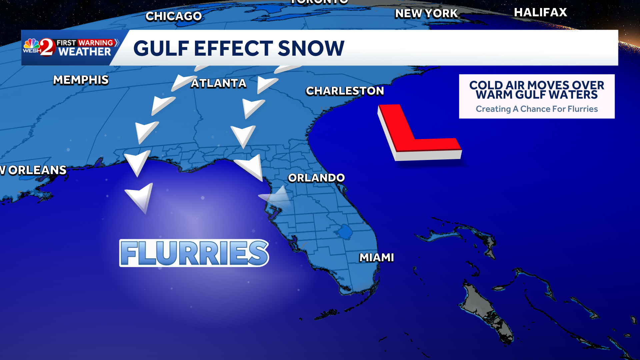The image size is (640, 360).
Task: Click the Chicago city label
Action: (x=174, y=16)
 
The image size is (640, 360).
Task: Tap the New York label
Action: (x=426, y=14)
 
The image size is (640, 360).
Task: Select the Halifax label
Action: (x=540, y=12)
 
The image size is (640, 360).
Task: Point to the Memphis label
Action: (x=81, y=80)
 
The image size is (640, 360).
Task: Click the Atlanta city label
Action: (x=219, y=83)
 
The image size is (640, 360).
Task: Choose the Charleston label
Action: (x=345, y=91)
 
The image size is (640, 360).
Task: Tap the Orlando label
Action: (x=316, y=178)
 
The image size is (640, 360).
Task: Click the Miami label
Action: (x=377, y=258)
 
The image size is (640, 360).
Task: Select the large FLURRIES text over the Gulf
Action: (x=194, y=253)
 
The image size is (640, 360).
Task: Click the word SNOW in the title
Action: (x=311, y=48)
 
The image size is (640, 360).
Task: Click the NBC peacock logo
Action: (x=32, y=44)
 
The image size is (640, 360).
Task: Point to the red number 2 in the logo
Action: (x=47, y=47)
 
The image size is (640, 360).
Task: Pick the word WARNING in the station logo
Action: (x=96, y=43)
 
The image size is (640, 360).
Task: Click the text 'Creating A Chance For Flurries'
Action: (x=537, y=109)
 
